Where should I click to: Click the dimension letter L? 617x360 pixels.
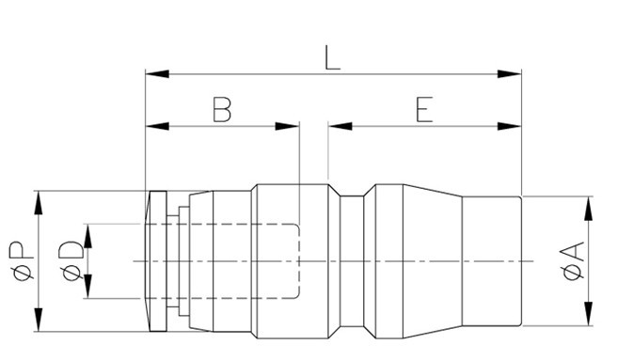333,58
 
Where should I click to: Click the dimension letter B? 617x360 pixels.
222,109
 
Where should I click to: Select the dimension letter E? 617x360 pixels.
424,109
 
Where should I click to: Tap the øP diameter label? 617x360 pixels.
22,261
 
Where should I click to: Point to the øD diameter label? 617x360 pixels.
71,261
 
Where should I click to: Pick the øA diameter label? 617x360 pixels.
574,261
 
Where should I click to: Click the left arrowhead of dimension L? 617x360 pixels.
157,74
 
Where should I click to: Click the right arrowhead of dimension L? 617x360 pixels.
509,74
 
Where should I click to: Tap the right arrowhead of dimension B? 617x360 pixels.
287,126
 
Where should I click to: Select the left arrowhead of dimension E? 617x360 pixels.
340,126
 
